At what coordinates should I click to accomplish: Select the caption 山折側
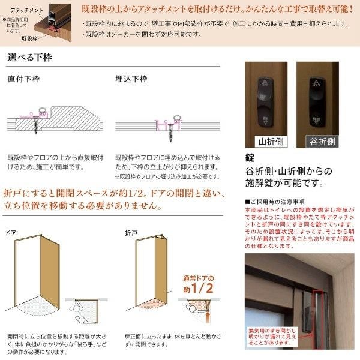click(264, 142)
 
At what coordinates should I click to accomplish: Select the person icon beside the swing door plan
click(80, 313)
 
